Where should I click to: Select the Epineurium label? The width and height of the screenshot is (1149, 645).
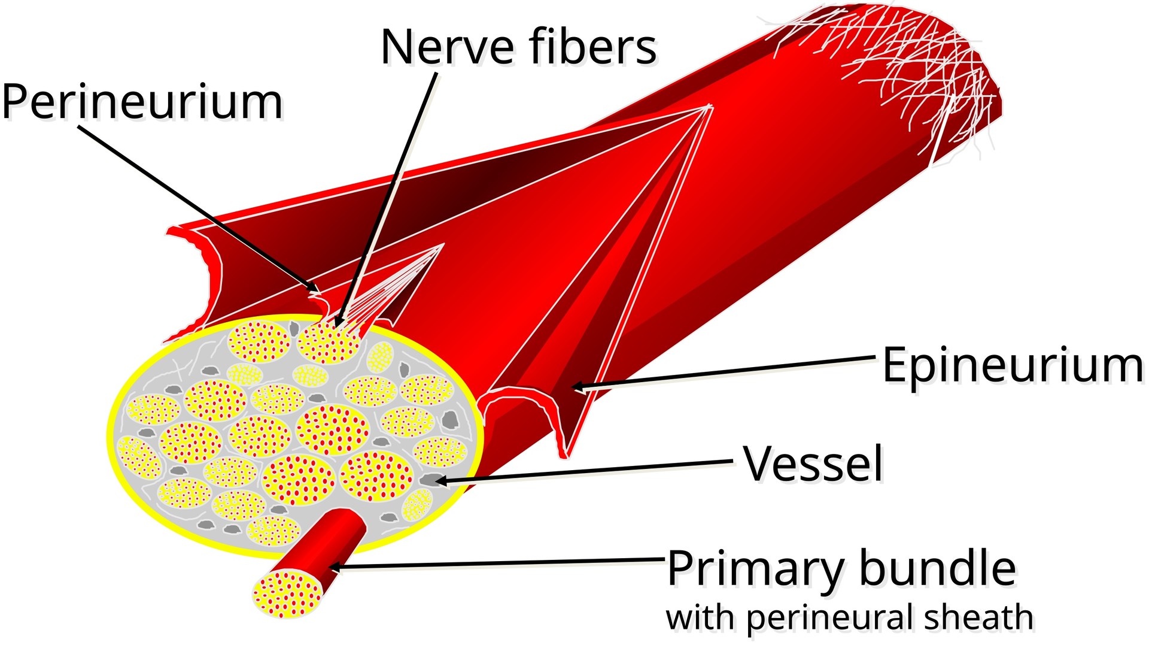1013,366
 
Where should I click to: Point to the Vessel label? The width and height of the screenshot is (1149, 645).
813,464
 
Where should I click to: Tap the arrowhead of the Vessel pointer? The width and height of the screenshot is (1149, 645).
439,480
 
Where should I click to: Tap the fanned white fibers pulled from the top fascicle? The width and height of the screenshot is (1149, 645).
389,287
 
